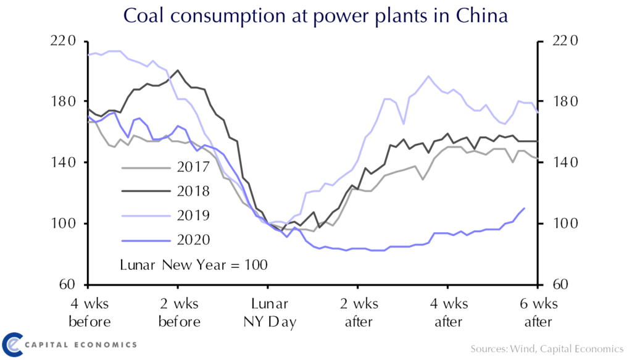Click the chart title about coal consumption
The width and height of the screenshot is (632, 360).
pos(315,15)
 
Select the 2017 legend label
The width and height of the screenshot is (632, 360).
pos(192,167)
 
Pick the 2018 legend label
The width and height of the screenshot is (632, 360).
pos(192,191)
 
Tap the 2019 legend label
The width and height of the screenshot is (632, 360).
pos(192,216)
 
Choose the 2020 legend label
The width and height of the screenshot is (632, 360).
pos(192,240)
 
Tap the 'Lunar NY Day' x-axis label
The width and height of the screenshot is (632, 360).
pos(267,313)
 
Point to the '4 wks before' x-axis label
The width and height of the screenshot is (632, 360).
pos(89,313)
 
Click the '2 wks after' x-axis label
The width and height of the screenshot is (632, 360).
pos(359,313)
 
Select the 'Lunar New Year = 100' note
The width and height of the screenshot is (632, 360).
pos(193,266)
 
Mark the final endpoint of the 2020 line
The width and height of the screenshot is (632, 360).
pos(525,208)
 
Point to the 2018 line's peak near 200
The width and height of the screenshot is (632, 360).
pos(178,70)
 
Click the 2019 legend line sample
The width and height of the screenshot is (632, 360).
pos(144,216)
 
